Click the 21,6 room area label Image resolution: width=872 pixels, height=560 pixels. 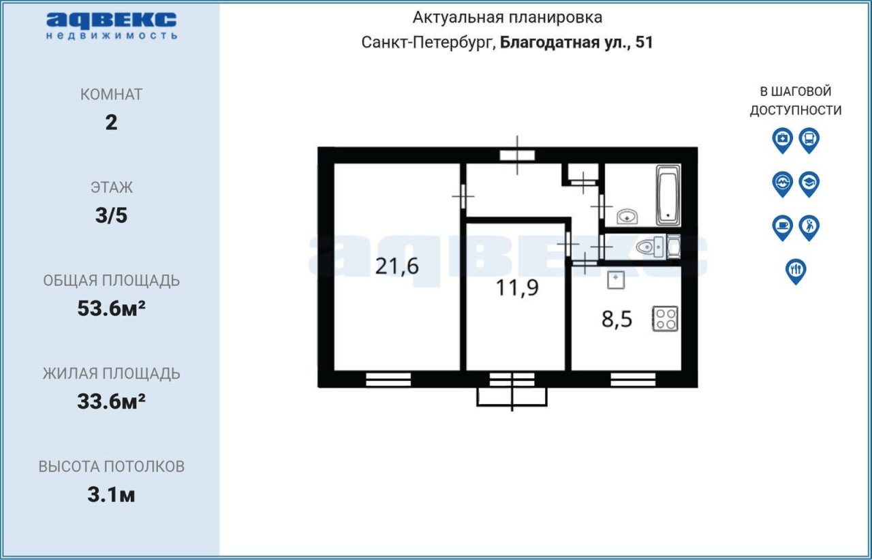pyautogui.click(x=396, y=267)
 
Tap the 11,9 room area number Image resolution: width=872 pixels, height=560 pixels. pyautogui.click(x=517, y=288)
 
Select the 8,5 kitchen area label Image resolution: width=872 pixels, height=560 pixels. pyautogui.click(x=617, y=320)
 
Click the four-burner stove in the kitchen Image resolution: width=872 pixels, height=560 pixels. pyautogui.click(x=666, y=319)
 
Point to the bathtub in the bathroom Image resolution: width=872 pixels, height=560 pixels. pyautogui.click(x=668, y=195)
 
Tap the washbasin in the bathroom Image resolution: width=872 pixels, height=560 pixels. pyautogui.click(x=627, y=217)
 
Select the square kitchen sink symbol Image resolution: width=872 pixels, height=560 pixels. pyautogui.click(x=616, y=280)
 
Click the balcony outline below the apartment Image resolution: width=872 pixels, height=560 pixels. pyautogui.click(x=512, y=405)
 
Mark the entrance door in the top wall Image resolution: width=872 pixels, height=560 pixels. pyautogui.click(x=517, y=155)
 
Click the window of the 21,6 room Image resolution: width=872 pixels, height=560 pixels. pyautogui.click(x=388, y=379)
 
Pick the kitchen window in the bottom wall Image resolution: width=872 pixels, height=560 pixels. pyautogui.click(x=633, y=379)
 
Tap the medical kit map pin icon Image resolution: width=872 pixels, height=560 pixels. pyautogui.click(x=783, y=140)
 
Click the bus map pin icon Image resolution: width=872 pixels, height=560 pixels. pyautogui.click(x=809, y=140)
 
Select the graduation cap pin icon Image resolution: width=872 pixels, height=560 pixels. pyautogui.click(x=809, y=184)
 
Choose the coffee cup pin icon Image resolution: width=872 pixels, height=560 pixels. pyautogui.click(x=783, y=228)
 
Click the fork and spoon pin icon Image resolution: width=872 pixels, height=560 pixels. pyautogui.click(x=796, y=271)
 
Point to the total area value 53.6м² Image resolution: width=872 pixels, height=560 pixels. pyautogui.click(x=111, y=309)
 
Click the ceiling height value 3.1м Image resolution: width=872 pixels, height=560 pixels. pyautogui.click(x=111, y=495)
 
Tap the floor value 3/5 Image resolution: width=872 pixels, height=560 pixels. pyautogui.click(x=111, y=215)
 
